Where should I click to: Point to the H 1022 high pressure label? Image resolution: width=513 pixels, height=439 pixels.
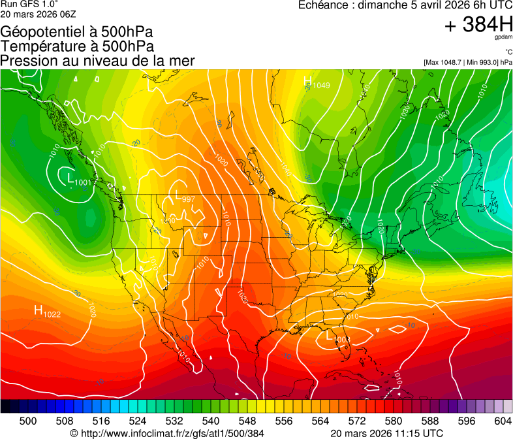click(x=47, y=312)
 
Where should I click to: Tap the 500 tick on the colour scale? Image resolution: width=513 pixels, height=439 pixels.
click(x=28, y=421)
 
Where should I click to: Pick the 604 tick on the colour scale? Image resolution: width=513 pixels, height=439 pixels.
click(x=503, y=421)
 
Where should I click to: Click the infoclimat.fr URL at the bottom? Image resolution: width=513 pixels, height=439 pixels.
click(x=167, y=433)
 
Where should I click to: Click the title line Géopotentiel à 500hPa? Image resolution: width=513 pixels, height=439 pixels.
click(x=76, y=32)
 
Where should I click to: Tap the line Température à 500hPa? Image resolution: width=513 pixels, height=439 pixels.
click(x=77, y=46)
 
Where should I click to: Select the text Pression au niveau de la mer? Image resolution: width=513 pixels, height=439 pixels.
click(x=97, y=61)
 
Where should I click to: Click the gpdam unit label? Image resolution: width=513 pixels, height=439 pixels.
click(x=503, y=38)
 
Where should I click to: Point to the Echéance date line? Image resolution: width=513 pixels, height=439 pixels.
click(x=405, y=5)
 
